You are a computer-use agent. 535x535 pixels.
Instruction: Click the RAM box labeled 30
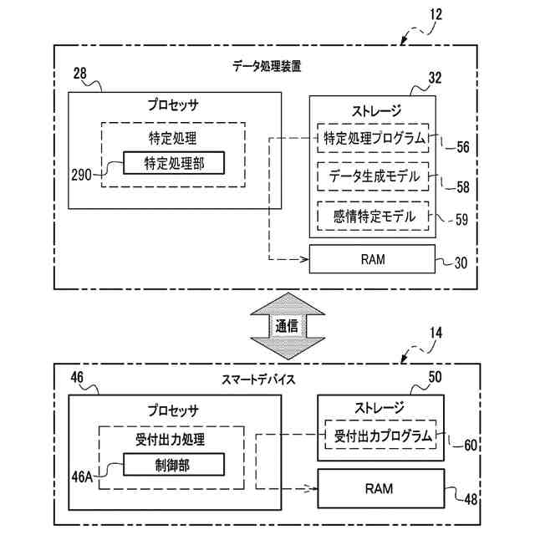tap(373, 259)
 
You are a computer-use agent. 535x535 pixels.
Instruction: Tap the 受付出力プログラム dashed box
tap(384, 435)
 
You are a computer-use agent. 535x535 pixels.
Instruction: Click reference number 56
tap(462, 147)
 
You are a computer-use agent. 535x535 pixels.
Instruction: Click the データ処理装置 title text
tap(267, 64)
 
